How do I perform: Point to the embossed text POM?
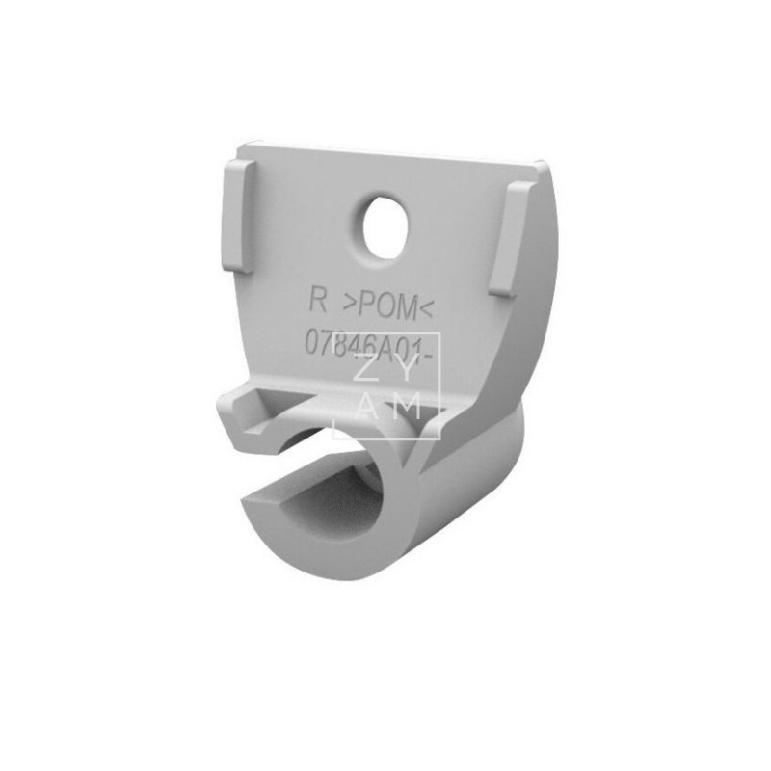pos(389,306)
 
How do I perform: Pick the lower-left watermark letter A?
pos(365,406)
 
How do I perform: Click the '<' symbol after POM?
pos(429,309)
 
